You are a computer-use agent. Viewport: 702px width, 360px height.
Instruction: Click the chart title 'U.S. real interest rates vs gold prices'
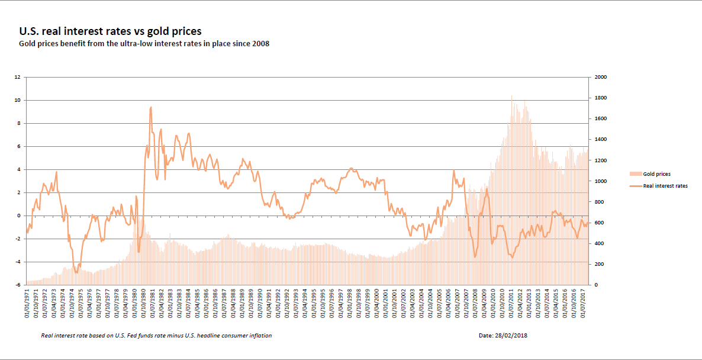click(x=110, y=31)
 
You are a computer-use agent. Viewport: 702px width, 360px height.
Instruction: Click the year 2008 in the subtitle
click(x=260, y=44)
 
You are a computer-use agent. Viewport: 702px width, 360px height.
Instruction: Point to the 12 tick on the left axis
click(x=18, y=77)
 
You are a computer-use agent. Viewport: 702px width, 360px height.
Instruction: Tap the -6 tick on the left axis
click(x=18, y=285)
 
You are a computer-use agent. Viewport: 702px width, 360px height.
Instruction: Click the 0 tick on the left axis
click(x=19, y=216)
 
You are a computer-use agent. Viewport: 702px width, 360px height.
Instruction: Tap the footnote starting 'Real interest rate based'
click(x=156, y=336)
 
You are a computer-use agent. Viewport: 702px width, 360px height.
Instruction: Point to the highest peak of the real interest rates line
click(x=151, y=107)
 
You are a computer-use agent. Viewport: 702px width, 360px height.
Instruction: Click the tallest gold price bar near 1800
click(x=511, y=96)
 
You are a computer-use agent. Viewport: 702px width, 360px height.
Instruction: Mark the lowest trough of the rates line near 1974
click(x=76, y=272)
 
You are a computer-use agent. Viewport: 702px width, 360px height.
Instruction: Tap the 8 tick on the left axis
click(x=19, y=123)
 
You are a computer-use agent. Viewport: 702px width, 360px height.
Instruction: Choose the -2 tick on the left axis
click(x=18, y=239)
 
